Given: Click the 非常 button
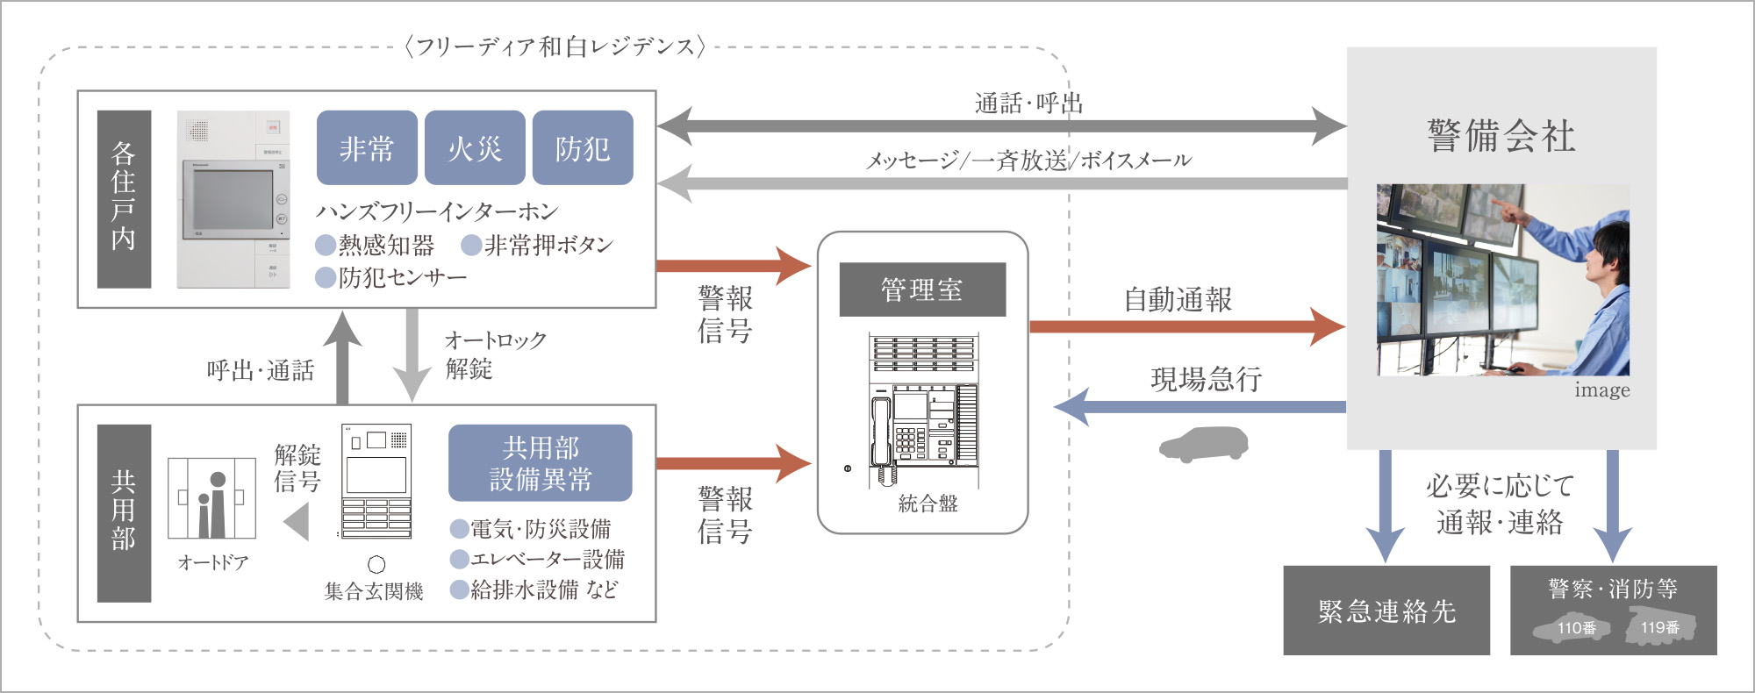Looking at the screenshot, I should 367,147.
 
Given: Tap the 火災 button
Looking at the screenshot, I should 475,147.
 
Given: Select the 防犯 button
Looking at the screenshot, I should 583,147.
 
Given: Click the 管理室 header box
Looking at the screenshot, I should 922,289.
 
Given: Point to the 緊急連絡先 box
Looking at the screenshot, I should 1386,611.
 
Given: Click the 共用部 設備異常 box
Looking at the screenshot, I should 540,463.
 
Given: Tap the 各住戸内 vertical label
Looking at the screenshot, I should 124,198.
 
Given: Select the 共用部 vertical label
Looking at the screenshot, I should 124,512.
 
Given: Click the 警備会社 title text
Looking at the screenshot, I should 1501,137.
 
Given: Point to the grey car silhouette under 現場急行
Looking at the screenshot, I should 1204,444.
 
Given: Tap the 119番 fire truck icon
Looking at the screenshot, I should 1659,627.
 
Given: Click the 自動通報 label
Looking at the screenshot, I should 1178,300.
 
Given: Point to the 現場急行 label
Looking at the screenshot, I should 1206,379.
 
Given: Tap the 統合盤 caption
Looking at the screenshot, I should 928,504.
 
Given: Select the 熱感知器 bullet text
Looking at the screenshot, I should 386,245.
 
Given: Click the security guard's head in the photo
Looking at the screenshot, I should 1608,250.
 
